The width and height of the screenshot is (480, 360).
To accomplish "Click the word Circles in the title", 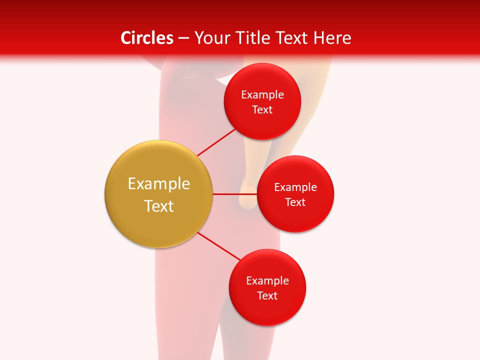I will (x=146, y=38).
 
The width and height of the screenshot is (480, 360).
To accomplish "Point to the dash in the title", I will (x=183, y=38).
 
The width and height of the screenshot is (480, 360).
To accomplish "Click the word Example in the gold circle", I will (x=159, y=184).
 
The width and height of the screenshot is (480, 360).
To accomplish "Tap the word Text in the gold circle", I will (x=159, y=206).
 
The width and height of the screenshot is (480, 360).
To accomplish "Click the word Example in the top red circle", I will (x=262, y=95).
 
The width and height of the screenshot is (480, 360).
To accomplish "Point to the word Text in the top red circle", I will (x=262, y=110).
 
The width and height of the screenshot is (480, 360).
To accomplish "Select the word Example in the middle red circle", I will (x=295, y=187).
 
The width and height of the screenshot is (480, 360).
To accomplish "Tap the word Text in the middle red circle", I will (x=295, y=202).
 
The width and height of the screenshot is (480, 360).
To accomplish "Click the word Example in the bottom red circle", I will (x=267, y=281).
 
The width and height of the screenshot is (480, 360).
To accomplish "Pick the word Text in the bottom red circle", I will (x=267, y=296).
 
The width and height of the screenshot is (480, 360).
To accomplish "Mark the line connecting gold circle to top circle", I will (x=216, y=142).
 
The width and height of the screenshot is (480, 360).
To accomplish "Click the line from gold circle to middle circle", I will (x=235, y=194).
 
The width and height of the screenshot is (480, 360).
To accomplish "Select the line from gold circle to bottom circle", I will (x=219, y=246).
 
